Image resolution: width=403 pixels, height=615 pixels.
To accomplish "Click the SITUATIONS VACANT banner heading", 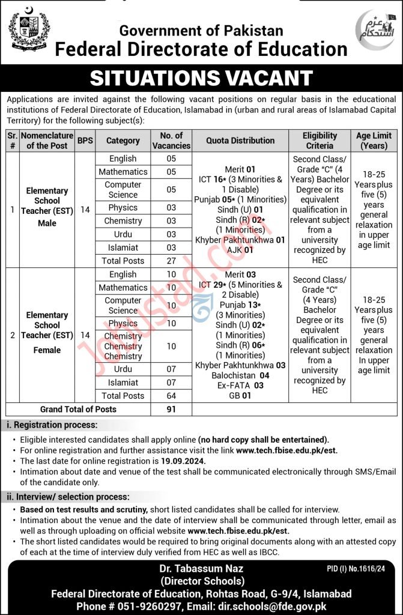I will pyautogui.click(x=201, y=78).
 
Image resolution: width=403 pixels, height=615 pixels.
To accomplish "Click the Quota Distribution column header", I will pyautogui.click(x=240, y=141).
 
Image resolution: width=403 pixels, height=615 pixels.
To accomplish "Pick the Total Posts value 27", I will pyautogui.click(x=171, y=261).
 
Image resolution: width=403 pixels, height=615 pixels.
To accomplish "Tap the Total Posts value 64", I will pyautogui.click(x=171, y=396).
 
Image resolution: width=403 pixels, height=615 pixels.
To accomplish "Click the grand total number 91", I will pyautogui.click(x=171, y=409).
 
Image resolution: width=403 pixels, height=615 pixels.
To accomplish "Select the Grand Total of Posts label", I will pyautogui.click(x=79, y=409).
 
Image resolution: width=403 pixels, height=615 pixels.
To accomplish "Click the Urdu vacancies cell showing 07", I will pyautogui.click(x=171, y=369).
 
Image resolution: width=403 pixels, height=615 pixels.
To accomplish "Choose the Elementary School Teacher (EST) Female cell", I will pyautogui.click(x=47, y=333).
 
